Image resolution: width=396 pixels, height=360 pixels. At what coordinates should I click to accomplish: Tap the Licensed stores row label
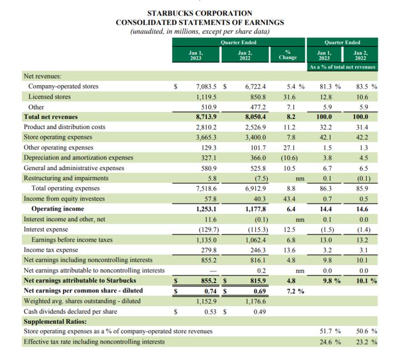tap(50, 97)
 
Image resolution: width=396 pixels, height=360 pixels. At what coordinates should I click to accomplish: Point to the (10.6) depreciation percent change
tap(288, 158)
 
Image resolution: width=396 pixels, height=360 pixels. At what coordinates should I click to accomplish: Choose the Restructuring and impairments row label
tap(65, 178)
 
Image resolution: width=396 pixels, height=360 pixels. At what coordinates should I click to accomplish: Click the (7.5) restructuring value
tap(257, 178)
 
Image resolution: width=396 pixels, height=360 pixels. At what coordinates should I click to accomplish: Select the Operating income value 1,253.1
tap(206, 209)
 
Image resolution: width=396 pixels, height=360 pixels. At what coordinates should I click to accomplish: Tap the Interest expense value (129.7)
tap(205, 229)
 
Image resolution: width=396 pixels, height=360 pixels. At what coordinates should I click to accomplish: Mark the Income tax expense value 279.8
tap(208, 250)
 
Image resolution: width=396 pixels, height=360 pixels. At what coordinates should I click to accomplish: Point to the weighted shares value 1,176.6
tap(255, 301)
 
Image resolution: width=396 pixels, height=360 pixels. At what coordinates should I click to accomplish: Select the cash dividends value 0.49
tap(258, 311)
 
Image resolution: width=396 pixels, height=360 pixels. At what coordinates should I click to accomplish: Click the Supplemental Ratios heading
tap(55, 322)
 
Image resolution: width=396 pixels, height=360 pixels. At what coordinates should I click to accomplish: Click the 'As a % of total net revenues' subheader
tap(342, 67)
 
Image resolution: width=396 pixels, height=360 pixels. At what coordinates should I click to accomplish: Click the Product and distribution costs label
tap(64, 127)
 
